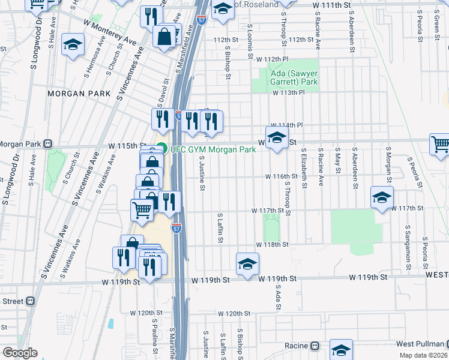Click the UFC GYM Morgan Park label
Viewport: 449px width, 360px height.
213,149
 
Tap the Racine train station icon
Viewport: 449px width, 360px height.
314,346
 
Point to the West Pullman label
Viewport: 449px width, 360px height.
420,344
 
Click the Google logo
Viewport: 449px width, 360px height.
20,353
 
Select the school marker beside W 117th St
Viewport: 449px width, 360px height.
382,197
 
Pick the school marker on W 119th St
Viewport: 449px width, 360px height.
247,263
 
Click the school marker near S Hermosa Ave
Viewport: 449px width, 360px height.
73,44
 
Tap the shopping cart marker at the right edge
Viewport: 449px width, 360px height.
440,144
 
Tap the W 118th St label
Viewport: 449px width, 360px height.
273,245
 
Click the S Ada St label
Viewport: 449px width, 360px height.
278,298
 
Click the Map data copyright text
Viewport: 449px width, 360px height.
424,355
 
